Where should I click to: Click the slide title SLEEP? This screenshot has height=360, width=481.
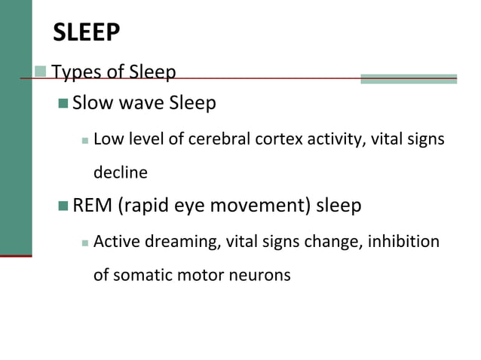coord(87,32)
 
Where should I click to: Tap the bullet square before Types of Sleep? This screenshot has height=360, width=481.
coord(41,72)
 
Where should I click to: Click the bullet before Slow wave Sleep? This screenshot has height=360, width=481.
coord(63,102)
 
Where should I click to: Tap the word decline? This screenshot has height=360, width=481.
coord(120,172)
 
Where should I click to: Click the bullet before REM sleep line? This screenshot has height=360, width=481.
coord(63,205)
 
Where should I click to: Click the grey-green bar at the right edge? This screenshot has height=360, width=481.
coord(409,78)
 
